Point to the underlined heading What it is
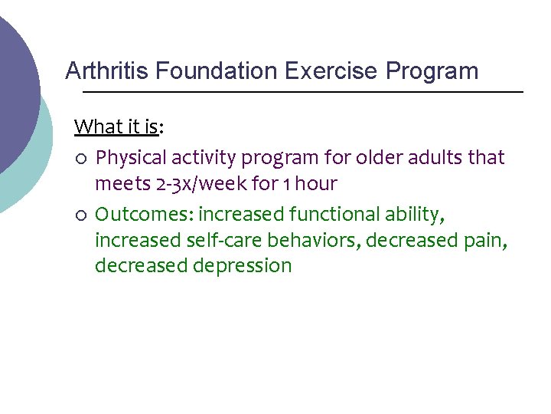[x=117, y=127]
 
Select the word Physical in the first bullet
[x=129, y=158]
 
